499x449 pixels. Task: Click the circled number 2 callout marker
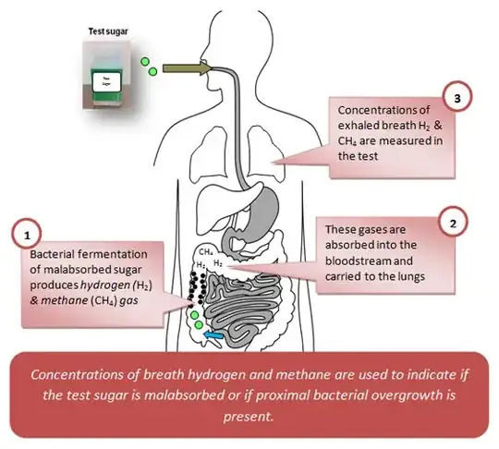coord(451,223)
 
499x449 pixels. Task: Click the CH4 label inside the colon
coord(207,251)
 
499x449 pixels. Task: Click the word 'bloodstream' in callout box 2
coord(359,261)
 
